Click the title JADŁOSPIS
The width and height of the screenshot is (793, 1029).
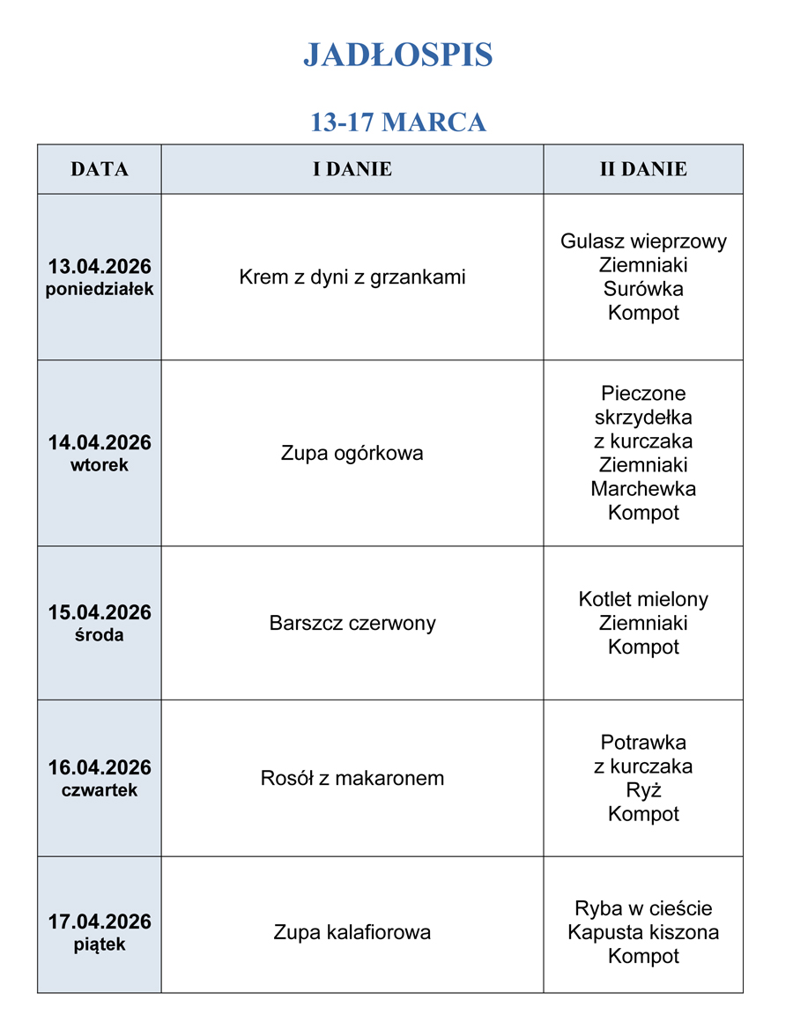[x=397, y=56]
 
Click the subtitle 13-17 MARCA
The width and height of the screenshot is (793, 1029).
[x=397, y=122]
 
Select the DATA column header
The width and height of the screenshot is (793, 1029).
[x=100, y=169]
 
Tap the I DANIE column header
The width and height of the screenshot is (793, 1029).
[x=352, y=169]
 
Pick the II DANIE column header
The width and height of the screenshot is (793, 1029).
[x=643, y=169]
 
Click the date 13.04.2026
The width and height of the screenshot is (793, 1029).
[x=100, y=266]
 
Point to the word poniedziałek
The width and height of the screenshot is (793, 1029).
[x=100, y=289]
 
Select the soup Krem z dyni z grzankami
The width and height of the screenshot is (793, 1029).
[x=352, y=278]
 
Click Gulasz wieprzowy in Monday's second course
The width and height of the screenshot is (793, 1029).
[x=643, y=241]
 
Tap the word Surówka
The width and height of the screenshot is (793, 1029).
[x=643, y=289]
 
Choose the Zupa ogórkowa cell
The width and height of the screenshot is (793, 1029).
[x=352, y=454]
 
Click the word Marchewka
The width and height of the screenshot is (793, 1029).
[x=643, y=489]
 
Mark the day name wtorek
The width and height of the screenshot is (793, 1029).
[x=100, y=465]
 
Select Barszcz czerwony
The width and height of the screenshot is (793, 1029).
[x=352, y=624]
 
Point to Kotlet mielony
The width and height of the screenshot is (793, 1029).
[x=643, y=600]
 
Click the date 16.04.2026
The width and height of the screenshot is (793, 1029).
[x=100, y=767]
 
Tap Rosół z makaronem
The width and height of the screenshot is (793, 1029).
[x=352, y=779]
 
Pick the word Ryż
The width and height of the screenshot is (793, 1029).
[x=643, y=790]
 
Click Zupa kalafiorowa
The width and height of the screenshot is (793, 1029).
[x=352, y=932]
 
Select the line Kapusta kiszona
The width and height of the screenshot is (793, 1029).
[x=643, y=932]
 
